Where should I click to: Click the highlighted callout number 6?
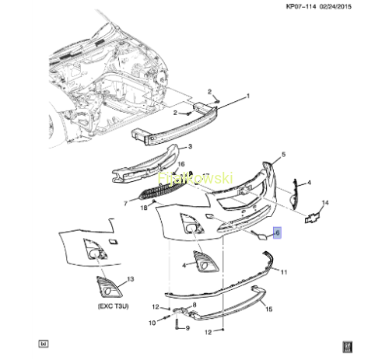click(x=277, y=232)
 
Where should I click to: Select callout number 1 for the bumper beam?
click(x=248, y=96)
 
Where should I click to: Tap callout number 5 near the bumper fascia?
click(x=283, y=155)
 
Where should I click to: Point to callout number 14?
click(x=325, y=202)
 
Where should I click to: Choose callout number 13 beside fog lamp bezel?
click(x=131, y=279)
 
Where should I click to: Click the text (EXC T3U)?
click(x=114, y=306)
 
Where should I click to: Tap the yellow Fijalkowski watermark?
click(x=195, y=178)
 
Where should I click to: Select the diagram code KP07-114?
click(x=301, y=6)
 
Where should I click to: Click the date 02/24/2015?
click(x=335, y=6)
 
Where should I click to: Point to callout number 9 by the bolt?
click(x=187, y=328)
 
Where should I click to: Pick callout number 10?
click(x=152, y=323)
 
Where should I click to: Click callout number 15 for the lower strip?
click(x=269, y=309)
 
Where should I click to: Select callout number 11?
click(x=284, y=272)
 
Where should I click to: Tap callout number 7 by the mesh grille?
click(x=125, y=203)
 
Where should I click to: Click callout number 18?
click(x=144, y=208)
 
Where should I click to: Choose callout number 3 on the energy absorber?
click(x=190, y=146)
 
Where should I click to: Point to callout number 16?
click(x=181, y=164)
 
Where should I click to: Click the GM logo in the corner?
click(x=348, y=347)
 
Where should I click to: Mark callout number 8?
click(x=194, y=305)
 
